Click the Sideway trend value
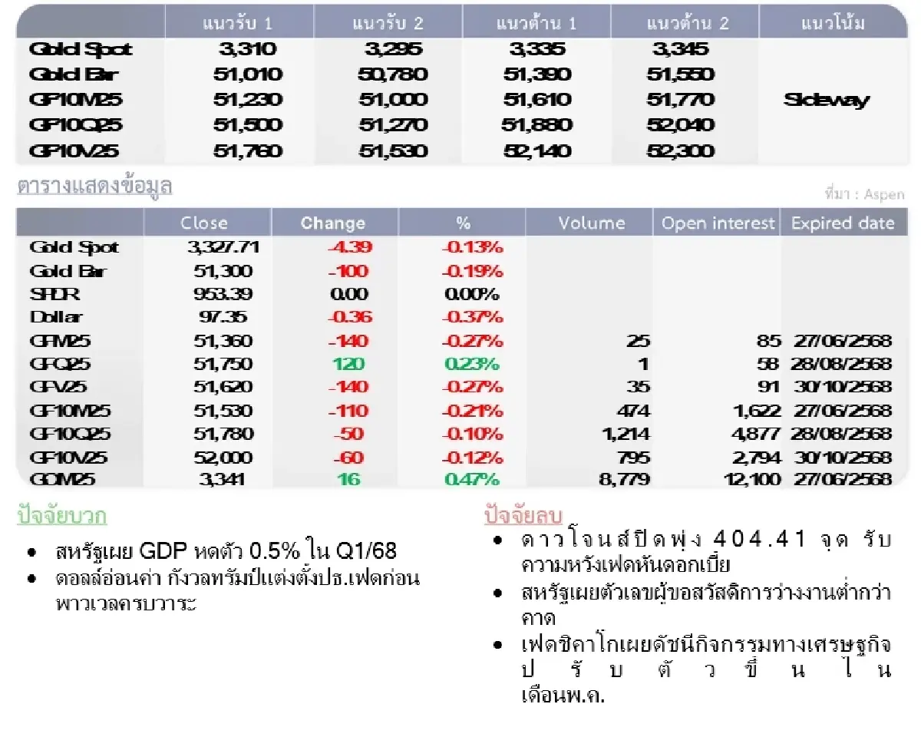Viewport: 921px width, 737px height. [x=826, y=100]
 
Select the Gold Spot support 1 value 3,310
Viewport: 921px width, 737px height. [x=247, y=50]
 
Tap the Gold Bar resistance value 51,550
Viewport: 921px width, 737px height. [x=681, y=74]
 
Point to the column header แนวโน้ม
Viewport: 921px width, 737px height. [x=833, y=23]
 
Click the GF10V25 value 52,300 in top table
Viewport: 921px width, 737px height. [x=681, y=151]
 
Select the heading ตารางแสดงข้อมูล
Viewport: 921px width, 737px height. [x=94, y=187]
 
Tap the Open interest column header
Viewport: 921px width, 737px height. [x=718, y=223]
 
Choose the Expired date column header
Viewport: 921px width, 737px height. [x=843, y=223]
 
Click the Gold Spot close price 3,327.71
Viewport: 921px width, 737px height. [x=223, y=247]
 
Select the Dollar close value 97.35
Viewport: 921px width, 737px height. [x=223, y=317]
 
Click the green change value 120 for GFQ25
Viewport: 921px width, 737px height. [x=349, y=364]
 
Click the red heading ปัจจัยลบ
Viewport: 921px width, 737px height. [x=523, y=515]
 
